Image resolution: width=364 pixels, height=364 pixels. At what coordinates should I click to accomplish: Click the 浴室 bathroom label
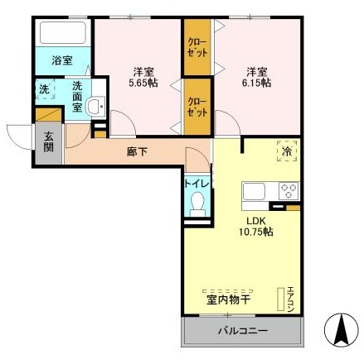pyautogui.click(x=62, y=60)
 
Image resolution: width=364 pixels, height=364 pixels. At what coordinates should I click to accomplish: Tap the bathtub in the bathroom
pyautogui.click(x=63, y=32)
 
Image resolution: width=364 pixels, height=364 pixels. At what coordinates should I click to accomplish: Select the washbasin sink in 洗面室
pyautogui.click(x=95, y=105)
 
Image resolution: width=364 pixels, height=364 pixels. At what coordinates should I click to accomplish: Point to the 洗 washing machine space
pyautogui.click(x=45, y=89)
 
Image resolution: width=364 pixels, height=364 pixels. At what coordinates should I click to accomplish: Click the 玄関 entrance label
pyautogui.click(x=49, y=141)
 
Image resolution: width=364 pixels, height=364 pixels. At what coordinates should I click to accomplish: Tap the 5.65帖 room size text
pyautogui.click(x=143, y=83)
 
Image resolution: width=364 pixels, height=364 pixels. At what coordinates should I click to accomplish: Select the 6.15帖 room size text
pyautogui.click(x=257, y=83)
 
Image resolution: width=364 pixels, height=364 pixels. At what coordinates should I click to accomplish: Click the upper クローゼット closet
pyautogui.click(x=197, y=47)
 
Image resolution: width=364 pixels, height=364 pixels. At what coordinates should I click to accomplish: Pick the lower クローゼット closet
pyautogui.click(x=197, y=107)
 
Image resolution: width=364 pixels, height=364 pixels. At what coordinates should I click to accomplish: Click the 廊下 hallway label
pyautogui.click(x=137, y=151)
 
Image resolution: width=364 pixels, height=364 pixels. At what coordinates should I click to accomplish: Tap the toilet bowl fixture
pyautogui.click(x=197, y=204)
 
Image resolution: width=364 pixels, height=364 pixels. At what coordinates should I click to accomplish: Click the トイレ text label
pyautogui.click(x=197, y=184)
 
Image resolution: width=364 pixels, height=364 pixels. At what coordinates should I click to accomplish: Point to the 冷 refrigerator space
pyautogui.click(x=287, y=151)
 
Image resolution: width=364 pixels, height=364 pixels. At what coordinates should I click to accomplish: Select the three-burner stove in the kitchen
pyautogui.click(x=289, y=191)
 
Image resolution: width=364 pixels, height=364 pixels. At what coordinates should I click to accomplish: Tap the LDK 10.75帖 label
pyautogui.click(x=256, y=227)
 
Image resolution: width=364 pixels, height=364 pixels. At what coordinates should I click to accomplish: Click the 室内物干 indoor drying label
pyautogui.click(x=228, y=299)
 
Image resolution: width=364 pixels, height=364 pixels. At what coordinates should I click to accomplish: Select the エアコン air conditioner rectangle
pyautogui.click(x=281, y=299)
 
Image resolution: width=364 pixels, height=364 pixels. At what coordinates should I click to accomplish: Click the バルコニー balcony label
pyautogui.click(x=243, y=331)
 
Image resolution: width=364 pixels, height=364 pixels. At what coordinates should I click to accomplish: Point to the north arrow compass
pyautogui.click(x=341, y=329)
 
